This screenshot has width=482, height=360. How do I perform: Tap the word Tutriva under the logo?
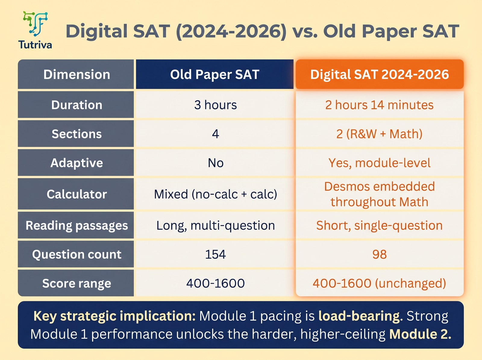click(x=35, y=45)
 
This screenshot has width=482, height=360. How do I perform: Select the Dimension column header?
click(x=77, y=74)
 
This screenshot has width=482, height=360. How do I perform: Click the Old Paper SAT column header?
click(x=214, y=74)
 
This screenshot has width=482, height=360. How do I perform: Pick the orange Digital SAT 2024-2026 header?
click(x=379, y=74)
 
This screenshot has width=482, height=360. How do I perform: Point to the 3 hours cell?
click(x=215, y=105)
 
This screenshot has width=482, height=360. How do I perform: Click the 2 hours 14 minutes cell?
click(x=379, y=105)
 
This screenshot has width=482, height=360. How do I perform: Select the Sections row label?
click(x=77, y=134)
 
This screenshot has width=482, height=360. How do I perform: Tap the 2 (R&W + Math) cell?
click(x=379, y=134)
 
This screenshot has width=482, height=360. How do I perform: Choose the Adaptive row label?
click(x=77, y=163)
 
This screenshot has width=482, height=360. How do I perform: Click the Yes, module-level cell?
click(x=379, y=163)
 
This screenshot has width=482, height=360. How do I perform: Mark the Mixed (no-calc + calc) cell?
click(x=215, y=194)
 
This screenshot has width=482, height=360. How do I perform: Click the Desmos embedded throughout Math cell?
click(x=379, y=194)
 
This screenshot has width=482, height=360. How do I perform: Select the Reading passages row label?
click(x=77, y=225)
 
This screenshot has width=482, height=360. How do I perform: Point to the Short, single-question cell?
click(x=379, y=225)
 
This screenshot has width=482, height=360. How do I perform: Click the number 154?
click(x=215, y=254)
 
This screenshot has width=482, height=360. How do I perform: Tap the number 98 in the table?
click(x=379, y=254)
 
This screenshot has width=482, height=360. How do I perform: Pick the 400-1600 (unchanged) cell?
click(x=379, y=283)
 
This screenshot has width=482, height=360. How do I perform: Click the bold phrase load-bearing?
click(x=360, y=316)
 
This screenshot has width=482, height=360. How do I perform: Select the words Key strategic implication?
click(x=114, y=316)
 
